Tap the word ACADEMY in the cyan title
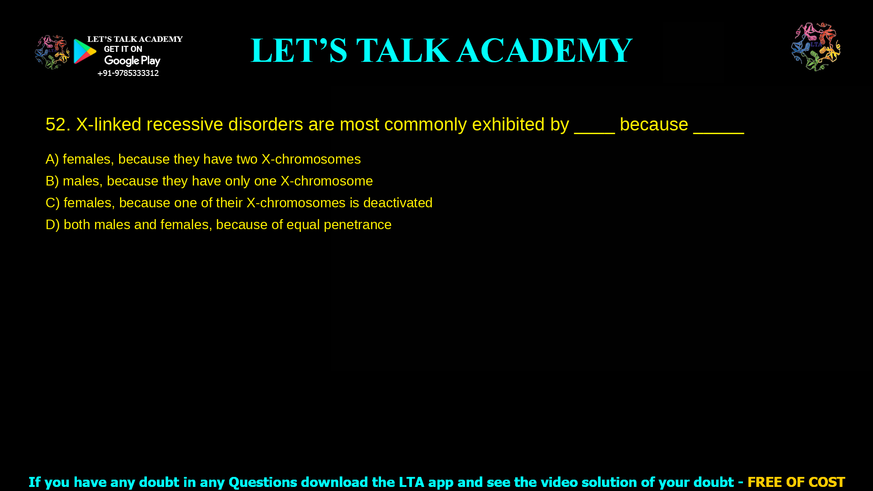(544, 50)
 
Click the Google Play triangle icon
(85, 51)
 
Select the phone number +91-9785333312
(128, 73)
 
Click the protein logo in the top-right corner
(816, 47)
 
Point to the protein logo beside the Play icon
(52, 52)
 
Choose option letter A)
(52, 159)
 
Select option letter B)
(52, 181)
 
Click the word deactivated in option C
(397, 203)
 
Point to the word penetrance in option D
(357, 225)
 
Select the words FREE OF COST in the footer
(796, 482)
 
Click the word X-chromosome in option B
(326, 181)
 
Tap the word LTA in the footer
(411, 482)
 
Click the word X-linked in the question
(109, 125)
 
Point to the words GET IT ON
(123, 49)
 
